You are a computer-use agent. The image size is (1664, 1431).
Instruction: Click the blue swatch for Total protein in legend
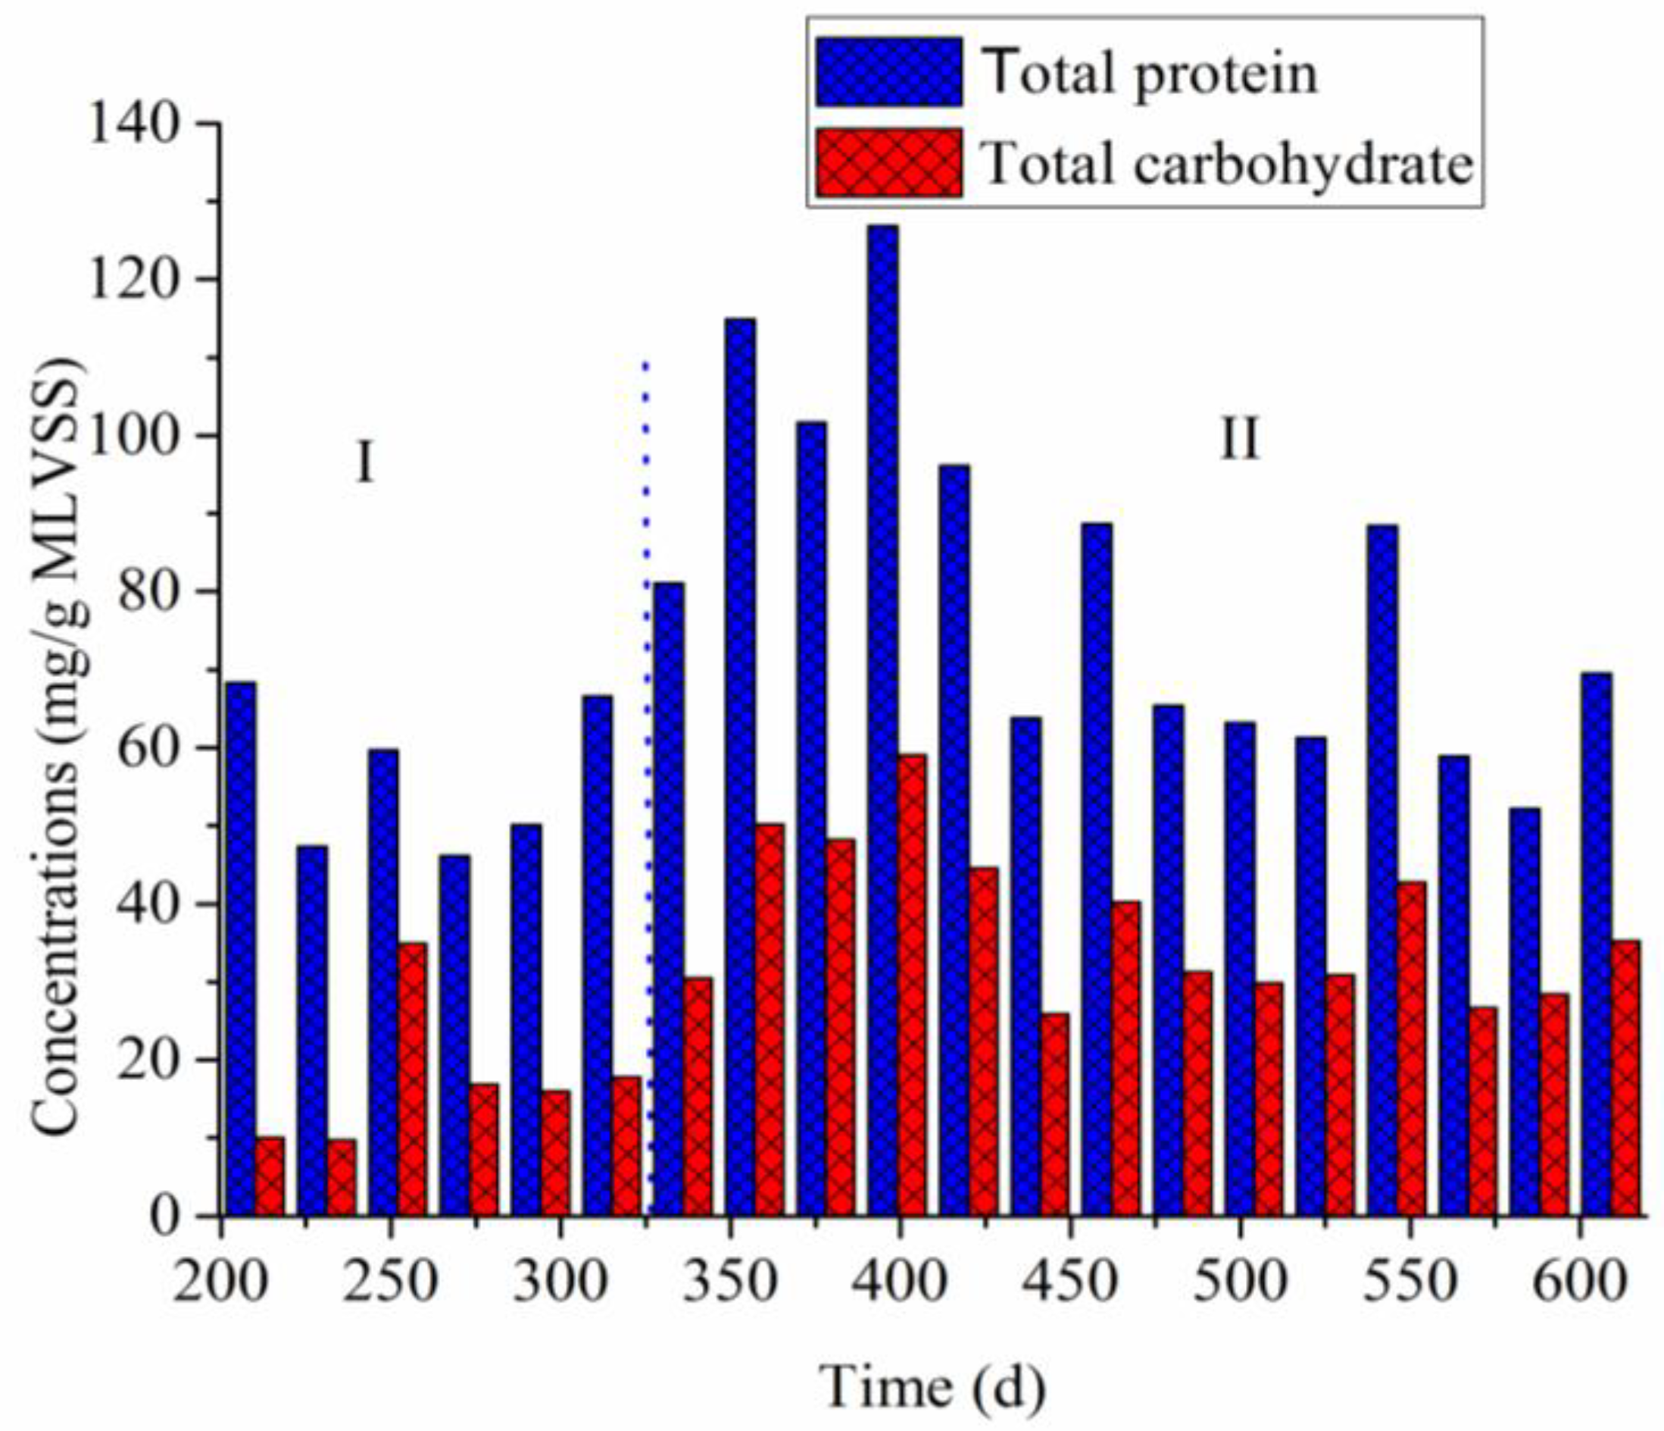coord(889,72)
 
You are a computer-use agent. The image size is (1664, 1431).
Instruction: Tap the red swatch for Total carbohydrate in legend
coord(889,162)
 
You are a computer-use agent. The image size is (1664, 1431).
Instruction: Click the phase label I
coord(364,465)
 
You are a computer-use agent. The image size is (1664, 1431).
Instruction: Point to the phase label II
coord(1239,440)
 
